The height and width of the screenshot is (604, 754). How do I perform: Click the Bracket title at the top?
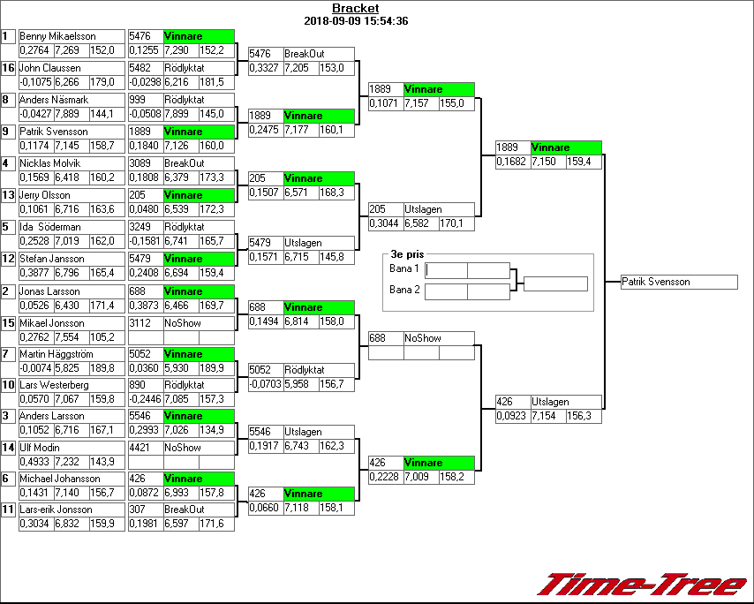355,9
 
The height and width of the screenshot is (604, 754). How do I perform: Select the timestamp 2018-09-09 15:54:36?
355,21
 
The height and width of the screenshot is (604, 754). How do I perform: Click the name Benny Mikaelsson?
57,36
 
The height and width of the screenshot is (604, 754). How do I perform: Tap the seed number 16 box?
9,67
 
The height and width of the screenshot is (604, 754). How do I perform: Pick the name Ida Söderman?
50,227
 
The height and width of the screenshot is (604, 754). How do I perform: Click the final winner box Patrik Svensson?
678,282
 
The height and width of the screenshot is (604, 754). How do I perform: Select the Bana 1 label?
403,268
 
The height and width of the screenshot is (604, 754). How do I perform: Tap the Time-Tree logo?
643,585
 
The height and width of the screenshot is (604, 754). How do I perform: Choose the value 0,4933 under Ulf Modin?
35,462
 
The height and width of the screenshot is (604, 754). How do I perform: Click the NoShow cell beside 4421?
199,448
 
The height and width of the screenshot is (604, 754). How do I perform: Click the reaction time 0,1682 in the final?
512,162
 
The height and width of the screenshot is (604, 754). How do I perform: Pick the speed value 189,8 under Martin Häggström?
102,368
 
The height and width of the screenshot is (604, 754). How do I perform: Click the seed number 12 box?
9,259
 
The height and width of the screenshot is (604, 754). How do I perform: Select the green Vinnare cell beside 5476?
199,36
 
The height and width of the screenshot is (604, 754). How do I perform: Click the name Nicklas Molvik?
49,163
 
